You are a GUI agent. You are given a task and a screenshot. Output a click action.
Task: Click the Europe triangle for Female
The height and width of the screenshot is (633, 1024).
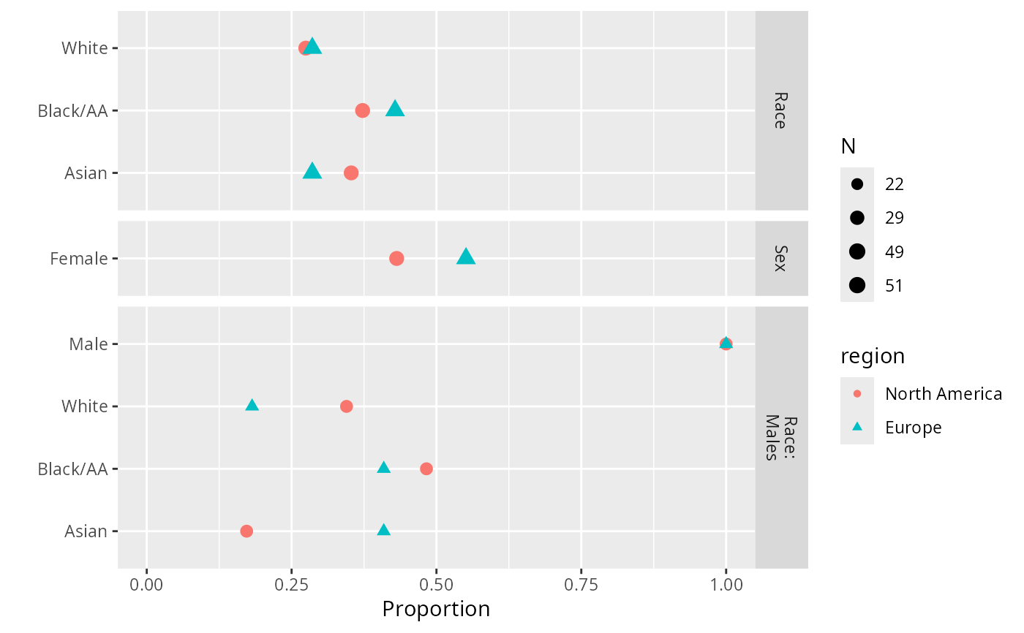[466, 257]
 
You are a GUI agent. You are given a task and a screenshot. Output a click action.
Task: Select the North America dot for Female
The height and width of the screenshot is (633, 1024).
[396, 258]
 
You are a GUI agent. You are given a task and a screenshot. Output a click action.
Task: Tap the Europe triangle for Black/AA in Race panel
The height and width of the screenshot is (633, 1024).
[395, 109]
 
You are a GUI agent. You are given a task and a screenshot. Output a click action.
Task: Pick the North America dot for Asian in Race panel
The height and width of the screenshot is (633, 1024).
[351, 173]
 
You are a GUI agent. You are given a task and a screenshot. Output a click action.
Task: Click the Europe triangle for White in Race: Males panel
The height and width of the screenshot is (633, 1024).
[252, 405]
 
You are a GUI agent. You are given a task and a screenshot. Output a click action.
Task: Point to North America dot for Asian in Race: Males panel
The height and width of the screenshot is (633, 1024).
[246, 531]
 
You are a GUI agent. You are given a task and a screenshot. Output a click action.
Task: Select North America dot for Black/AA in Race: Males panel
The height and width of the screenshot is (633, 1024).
[426, 469]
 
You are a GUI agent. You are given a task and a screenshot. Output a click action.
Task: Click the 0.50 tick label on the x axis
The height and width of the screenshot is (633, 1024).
[436, 585]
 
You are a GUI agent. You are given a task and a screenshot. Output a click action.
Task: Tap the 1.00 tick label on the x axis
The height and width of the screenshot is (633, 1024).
[726, 585]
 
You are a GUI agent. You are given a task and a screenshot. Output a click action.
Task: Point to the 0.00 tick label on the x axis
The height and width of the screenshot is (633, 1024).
[147, 585]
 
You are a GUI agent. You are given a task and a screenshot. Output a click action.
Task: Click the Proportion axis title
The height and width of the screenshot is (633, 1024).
[436, 609]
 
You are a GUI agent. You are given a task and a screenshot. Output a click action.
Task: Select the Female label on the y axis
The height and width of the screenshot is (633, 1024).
[79, 259]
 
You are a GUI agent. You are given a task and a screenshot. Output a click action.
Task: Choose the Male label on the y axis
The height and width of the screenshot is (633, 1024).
[89, 344]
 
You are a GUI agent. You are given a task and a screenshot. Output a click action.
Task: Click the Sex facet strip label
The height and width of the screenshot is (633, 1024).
[780, 259]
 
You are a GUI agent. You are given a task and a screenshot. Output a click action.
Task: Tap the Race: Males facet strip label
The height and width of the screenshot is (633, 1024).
[780, 438]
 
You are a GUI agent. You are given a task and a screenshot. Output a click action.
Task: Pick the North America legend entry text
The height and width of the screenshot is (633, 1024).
[943, 394]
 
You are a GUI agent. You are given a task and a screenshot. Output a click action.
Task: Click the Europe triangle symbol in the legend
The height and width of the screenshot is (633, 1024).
[857, 428]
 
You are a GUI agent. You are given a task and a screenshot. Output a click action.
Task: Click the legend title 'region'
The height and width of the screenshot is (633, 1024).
[873, 357]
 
